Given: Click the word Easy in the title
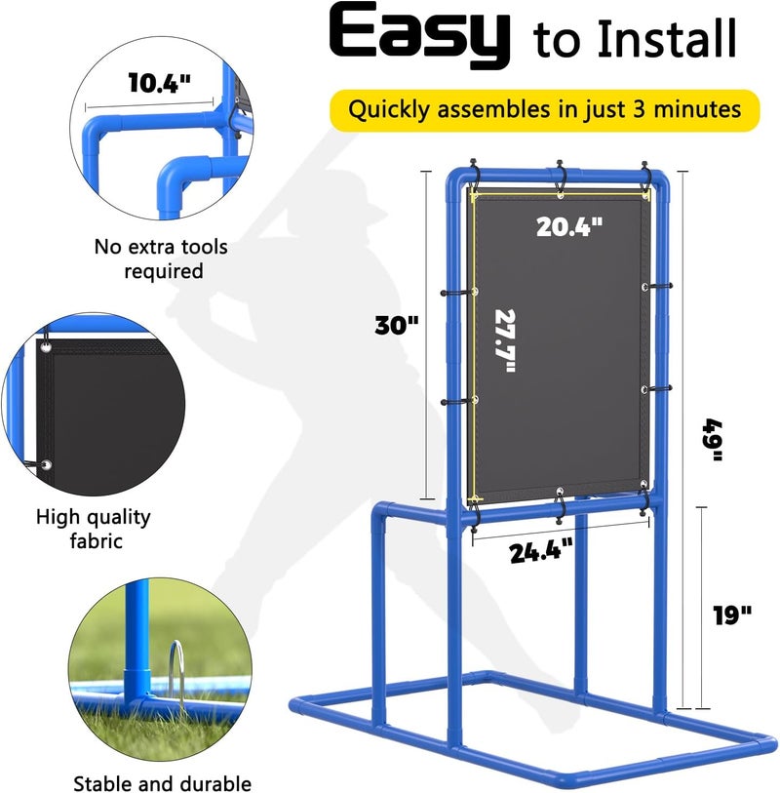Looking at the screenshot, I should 419,37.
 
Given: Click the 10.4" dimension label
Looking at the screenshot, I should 159,83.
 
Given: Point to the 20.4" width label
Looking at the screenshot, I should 570,226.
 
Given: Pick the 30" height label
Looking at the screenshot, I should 397,326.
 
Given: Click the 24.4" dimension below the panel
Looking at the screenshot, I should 541,552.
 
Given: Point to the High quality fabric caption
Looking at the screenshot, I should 94,528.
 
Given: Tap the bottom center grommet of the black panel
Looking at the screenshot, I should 561,492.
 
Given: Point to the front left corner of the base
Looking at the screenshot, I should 295,703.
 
